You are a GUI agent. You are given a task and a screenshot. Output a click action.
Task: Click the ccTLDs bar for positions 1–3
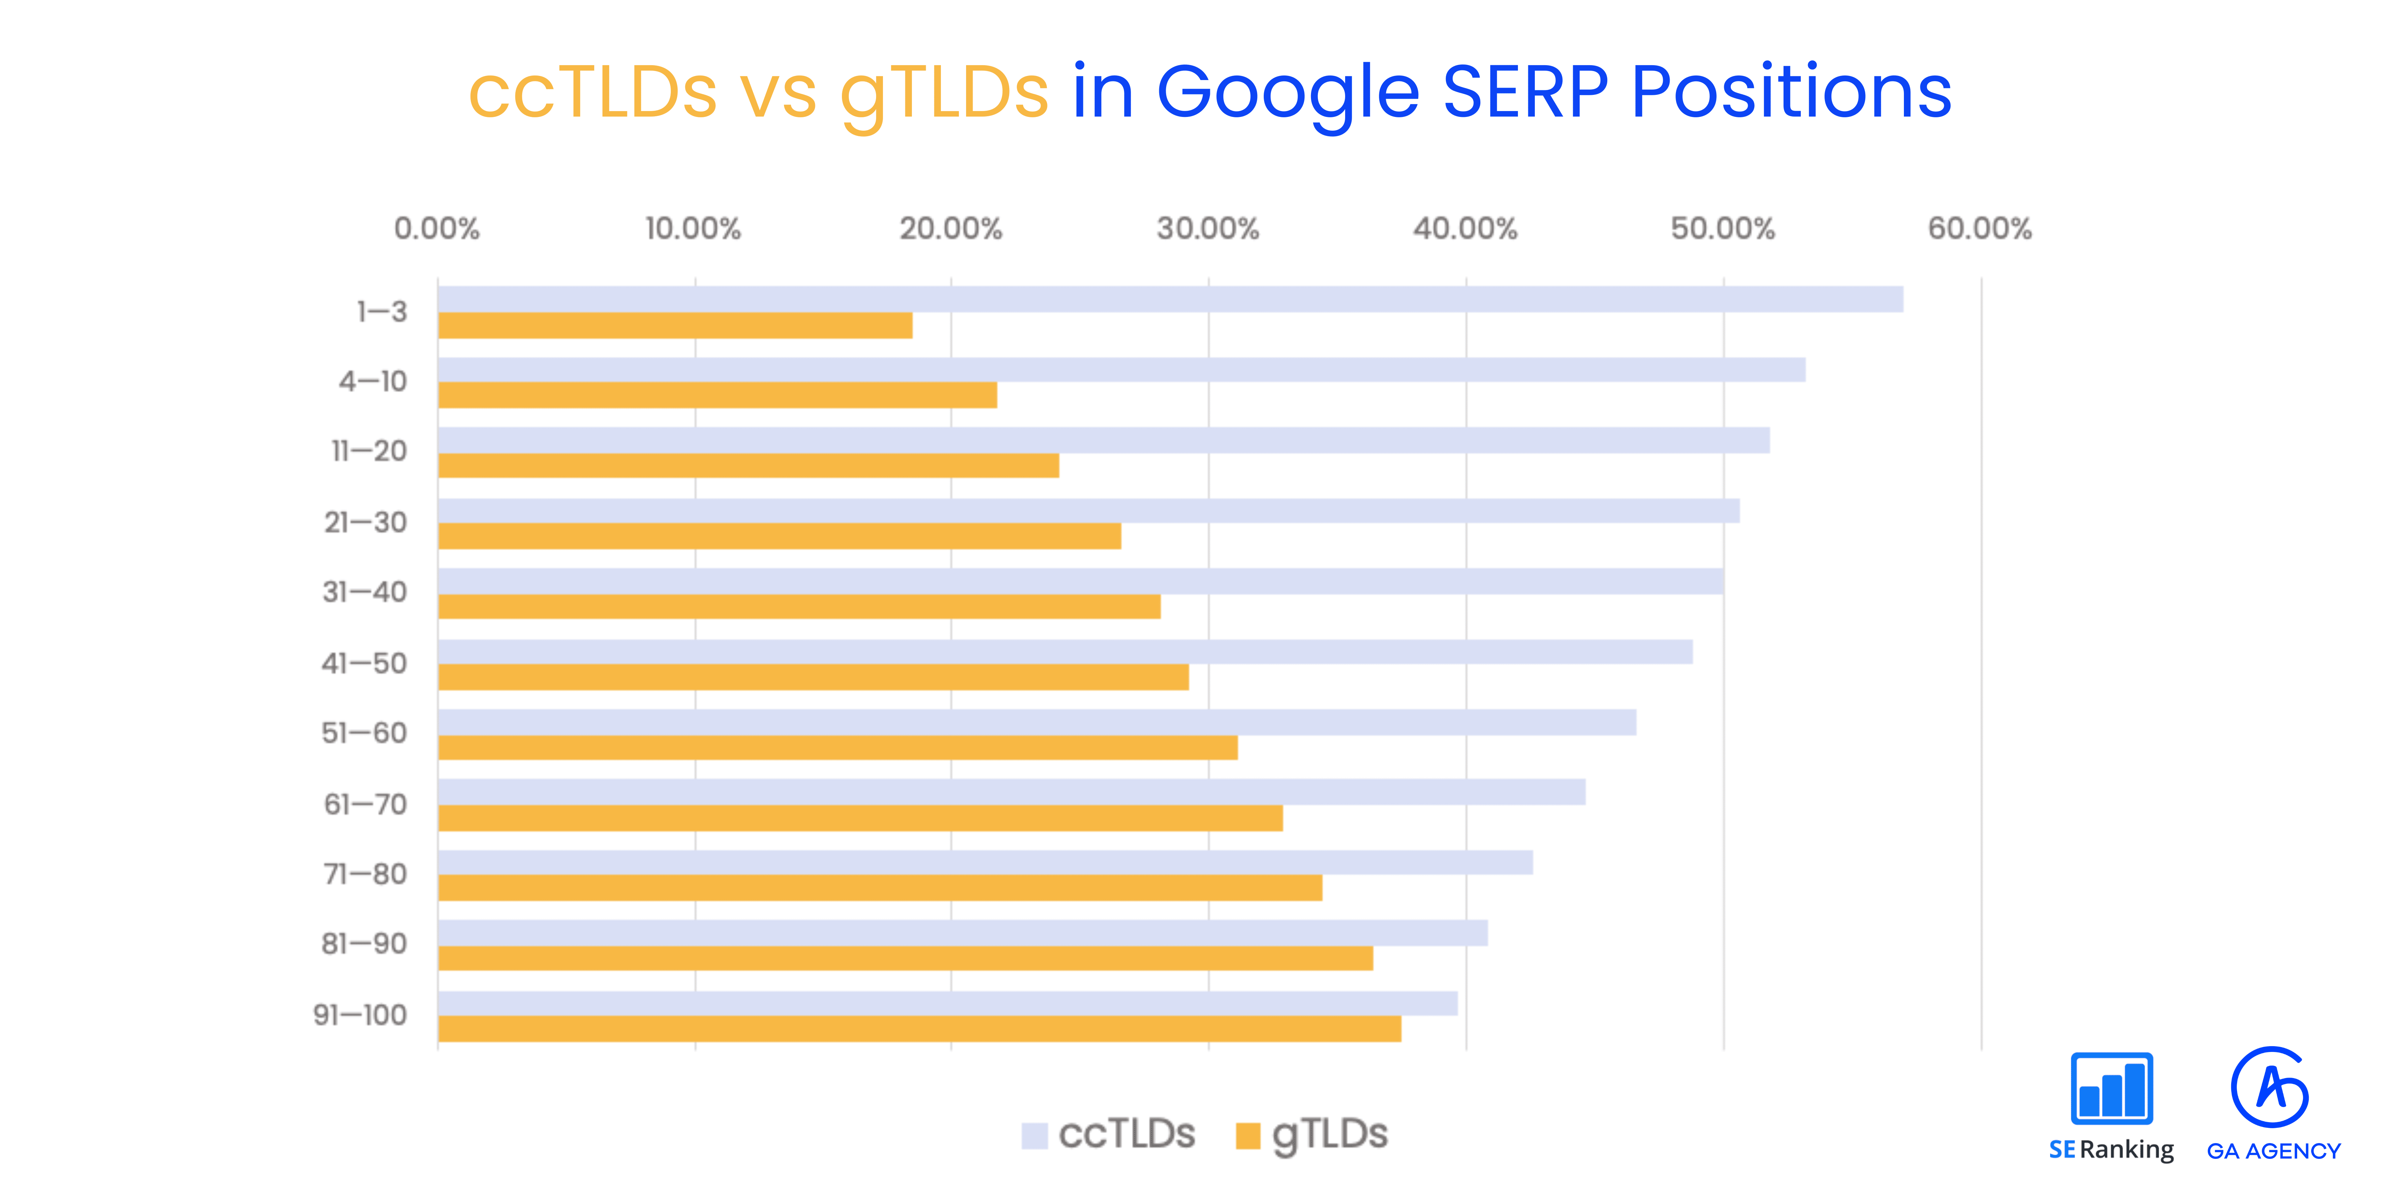point(1170,299)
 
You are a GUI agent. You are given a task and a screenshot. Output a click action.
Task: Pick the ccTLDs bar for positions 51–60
point(1036,722)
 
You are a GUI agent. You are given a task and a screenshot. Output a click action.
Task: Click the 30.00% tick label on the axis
point(1208,229)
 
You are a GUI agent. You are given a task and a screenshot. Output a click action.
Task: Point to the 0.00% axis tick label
point(437,229)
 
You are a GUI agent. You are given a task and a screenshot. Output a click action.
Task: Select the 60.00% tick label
point(1979,229)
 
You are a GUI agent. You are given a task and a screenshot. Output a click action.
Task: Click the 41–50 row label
point(364,664)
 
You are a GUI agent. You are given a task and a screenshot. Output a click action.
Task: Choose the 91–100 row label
point(360,1015)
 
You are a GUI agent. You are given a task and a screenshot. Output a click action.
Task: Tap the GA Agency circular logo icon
point(2270,1087)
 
